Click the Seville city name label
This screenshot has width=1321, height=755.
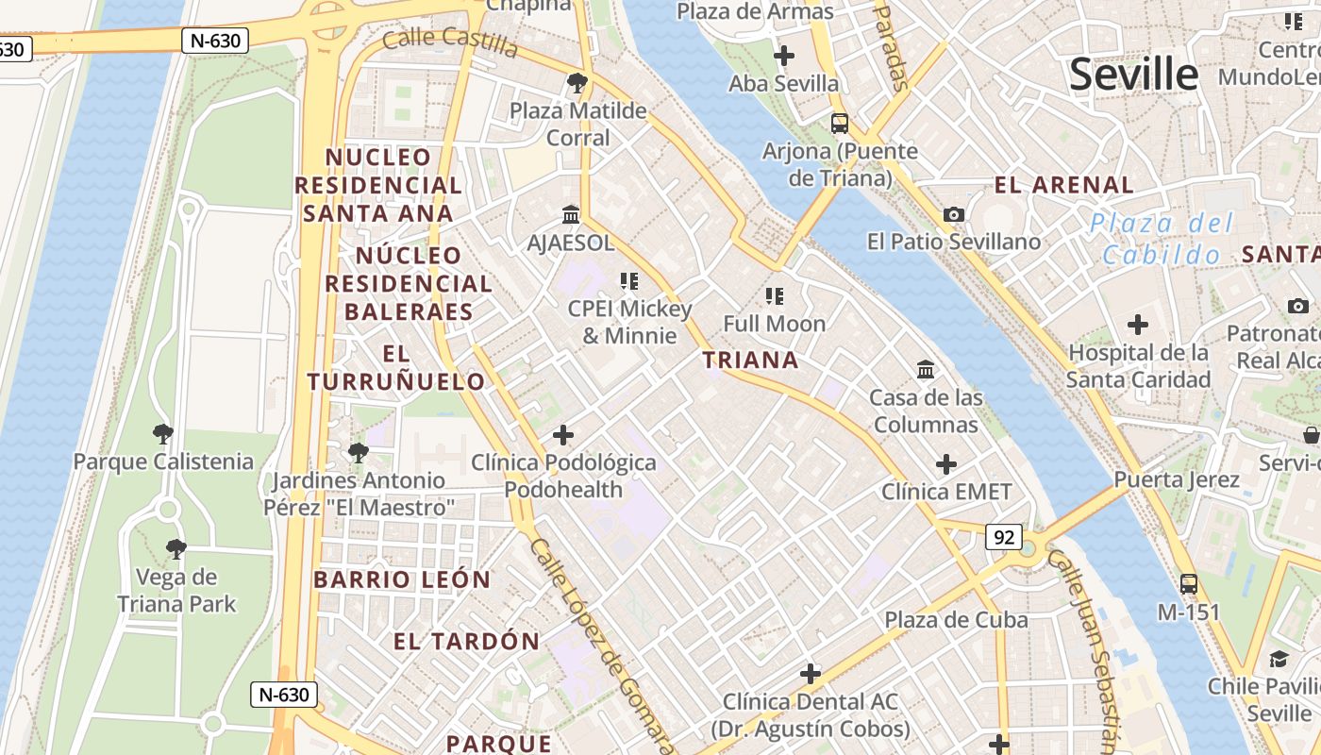click(1133, 75)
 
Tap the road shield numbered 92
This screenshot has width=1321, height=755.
click(1004, 537)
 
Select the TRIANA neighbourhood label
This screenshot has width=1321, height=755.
click(751, 360)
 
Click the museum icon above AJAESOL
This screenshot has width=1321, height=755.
click(571, 214)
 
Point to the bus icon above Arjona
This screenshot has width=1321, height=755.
click(839, 123)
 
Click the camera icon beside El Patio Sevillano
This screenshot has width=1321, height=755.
click(954, 214)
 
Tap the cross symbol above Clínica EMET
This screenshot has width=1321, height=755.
click(946, 464)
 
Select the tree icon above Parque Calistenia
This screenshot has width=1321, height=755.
click(163, 434)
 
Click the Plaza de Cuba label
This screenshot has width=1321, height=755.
click(956, 620)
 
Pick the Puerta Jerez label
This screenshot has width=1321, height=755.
click(1177, 479)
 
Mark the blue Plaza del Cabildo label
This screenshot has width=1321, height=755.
click(1162, 239)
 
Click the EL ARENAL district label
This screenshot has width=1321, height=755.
click(1064, 185)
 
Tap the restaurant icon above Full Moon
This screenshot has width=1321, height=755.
click(775, 296)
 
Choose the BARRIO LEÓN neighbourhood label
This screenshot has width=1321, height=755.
click(402, 579)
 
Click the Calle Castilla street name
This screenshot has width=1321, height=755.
click(450, 42)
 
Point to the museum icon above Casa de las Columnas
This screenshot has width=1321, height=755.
click(926, 369)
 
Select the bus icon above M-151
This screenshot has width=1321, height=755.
click(1189, 584)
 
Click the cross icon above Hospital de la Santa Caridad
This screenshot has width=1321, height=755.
click(1138, 325)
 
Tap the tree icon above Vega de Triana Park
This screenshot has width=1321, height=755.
click(176, 549)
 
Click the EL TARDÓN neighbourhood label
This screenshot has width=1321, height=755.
click(466, 642)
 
